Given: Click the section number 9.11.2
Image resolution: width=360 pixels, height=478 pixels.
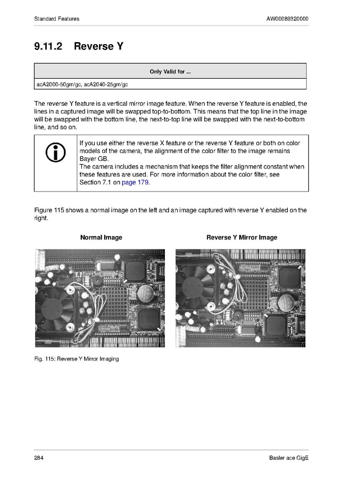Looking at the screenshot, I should pos(48,46).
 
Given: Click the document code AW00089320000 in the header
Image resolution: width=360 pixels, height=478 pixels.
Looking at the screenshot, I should pos(287,19).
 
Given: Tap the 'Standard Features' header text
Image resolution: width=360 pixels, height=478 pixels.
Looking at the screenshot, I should pos(56,19).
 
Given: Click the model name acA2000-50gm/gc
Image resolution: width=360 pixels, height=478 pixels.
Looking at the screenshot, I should pos(58,85).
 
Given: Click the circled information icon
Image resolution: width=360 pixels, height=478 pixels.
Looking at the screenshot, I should pos(55,153).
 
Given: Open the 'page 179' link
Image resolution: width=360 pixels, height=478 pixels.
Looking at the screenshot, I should pos(136,182).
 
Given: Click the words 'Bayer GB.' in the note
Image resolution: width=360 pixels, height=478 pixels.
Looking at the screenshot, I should pos(94,159).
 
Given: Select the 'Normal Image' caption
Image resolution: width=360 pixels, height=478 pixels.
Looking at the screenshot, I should pos(101,238).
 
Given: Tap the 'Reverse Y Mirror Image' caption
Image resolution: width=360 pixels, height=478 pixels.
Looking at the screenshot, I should pos(241,238).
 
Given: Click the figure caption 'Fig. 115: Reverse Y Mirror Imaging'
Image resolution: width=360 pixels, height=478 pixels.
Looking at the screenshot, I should pos(76,359).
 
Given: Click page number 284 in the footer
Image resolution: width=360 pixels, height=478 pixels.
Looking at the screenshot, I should pos(39,458).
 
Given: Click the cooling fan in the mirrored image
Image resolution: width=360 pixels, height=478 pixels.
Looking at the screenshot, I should pos(197,286).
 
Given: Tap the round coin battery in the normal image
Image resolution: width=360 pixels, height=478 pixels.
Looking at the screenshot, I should pos(145,293).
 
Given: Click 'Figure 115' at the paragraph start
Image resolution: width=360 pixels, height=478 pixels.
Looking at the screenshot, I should pos(49,210).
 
